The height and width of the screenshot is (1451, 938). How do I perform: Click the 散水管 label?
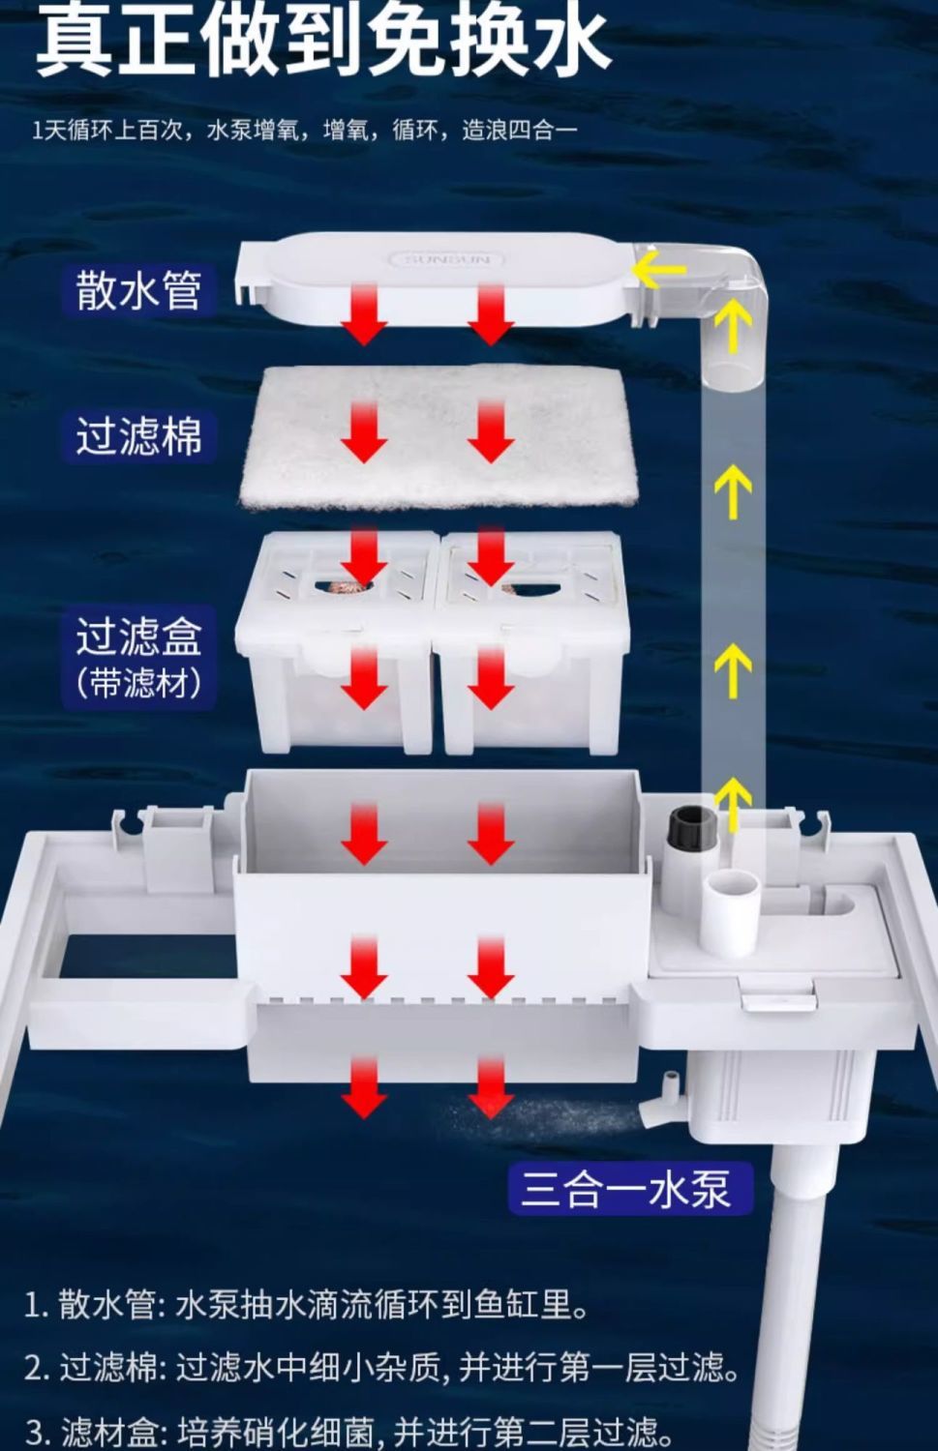[x=138, y=289]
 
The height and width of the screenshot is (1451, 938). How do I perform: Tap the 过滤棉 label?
[x=138, y=435]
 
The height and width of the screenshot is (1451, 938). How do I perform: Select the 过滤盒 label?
[x=138, y=637]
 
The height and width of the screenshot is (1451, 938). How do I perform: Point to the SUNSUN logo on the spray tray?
[x=446, y=259]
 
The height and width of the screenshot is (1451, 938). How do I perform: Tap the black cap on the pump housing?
[x=692, y=828]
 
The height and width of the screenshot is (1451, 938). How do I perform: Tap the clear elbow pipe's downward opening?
[x=732, y=372]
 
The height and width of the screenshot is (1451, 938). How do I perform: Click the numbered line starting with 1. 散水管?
[x=306, y=1305]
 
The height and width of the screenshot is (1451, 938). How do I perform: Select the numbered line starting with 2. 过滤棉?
[x=381, y=1368]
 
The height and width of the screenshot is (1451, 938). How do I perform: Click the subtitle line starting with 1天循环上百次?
[x=304, y=130]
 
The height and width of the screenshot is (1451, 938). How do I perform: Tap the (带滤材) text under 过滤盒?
[x=138, y=683]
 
